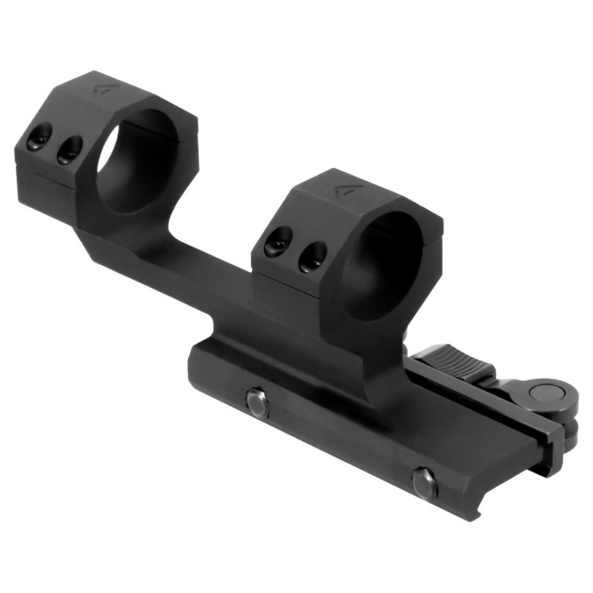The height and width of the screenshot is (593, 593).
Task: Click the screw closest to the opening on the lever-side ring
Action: point(310,255)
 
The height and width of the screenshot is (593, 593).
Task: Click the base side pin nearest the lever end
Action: point(424,482)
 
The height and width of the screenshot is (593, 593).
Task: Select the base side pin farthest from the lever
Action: point(256,402)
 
